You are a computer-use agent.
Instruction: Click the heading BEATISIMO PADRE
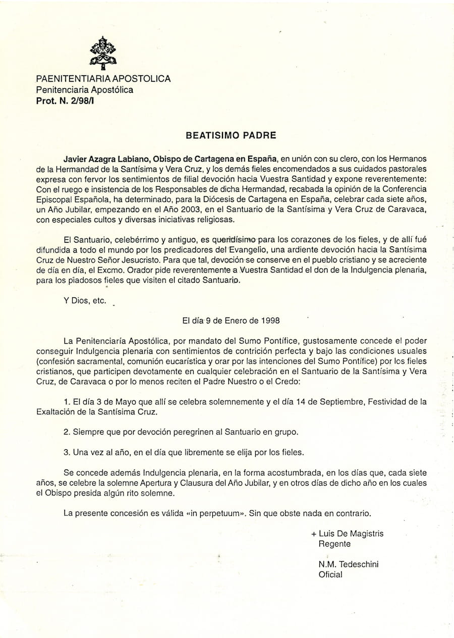point(231,135)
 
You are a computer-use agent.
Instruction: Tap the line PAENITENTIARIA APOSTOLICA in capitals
point(103,79)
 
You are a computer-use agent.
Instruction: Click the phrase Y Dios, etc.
point(85,300)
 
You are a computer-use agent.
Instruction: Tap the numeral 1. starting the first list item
point(67,402)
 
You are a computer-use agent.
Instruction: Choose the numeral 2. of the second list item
point(67,432)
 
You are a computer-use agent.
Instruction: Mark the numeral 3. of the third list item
point(67,452)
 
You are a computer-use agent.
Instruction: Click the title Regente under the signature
point(334,544)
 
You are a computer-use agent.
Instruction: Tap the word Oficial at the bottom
point(330,574)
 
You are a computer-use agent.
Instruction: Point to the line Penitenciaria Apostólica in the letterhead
point(84,90)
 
